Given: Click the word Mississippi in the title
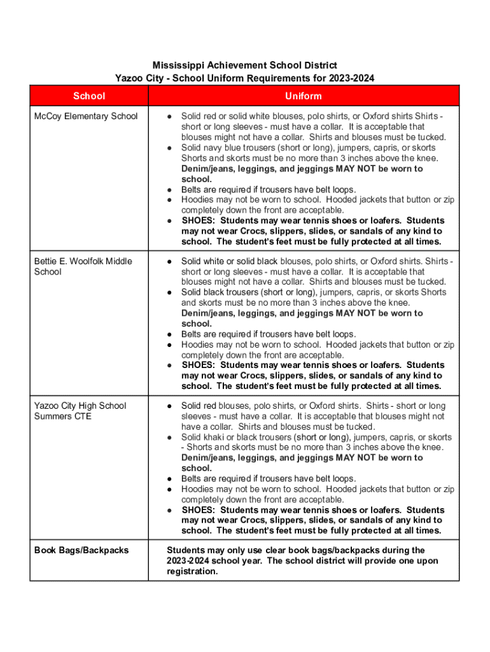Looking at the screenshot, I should tap(176, 66).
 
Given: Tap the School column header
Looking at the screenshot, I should tap(89, 96).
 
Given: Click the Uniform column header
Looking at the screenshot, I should tap(304, 96).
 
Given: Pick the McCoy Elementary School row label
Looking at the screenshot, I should tap(86, 117).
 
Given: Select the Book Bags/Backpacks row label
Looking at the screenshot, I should tap(81, 550).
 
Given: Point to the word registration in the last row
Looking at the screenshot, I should tap(191, 571).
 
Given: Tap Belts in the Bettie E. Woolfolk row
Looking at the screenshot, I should tap(192, 334).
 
